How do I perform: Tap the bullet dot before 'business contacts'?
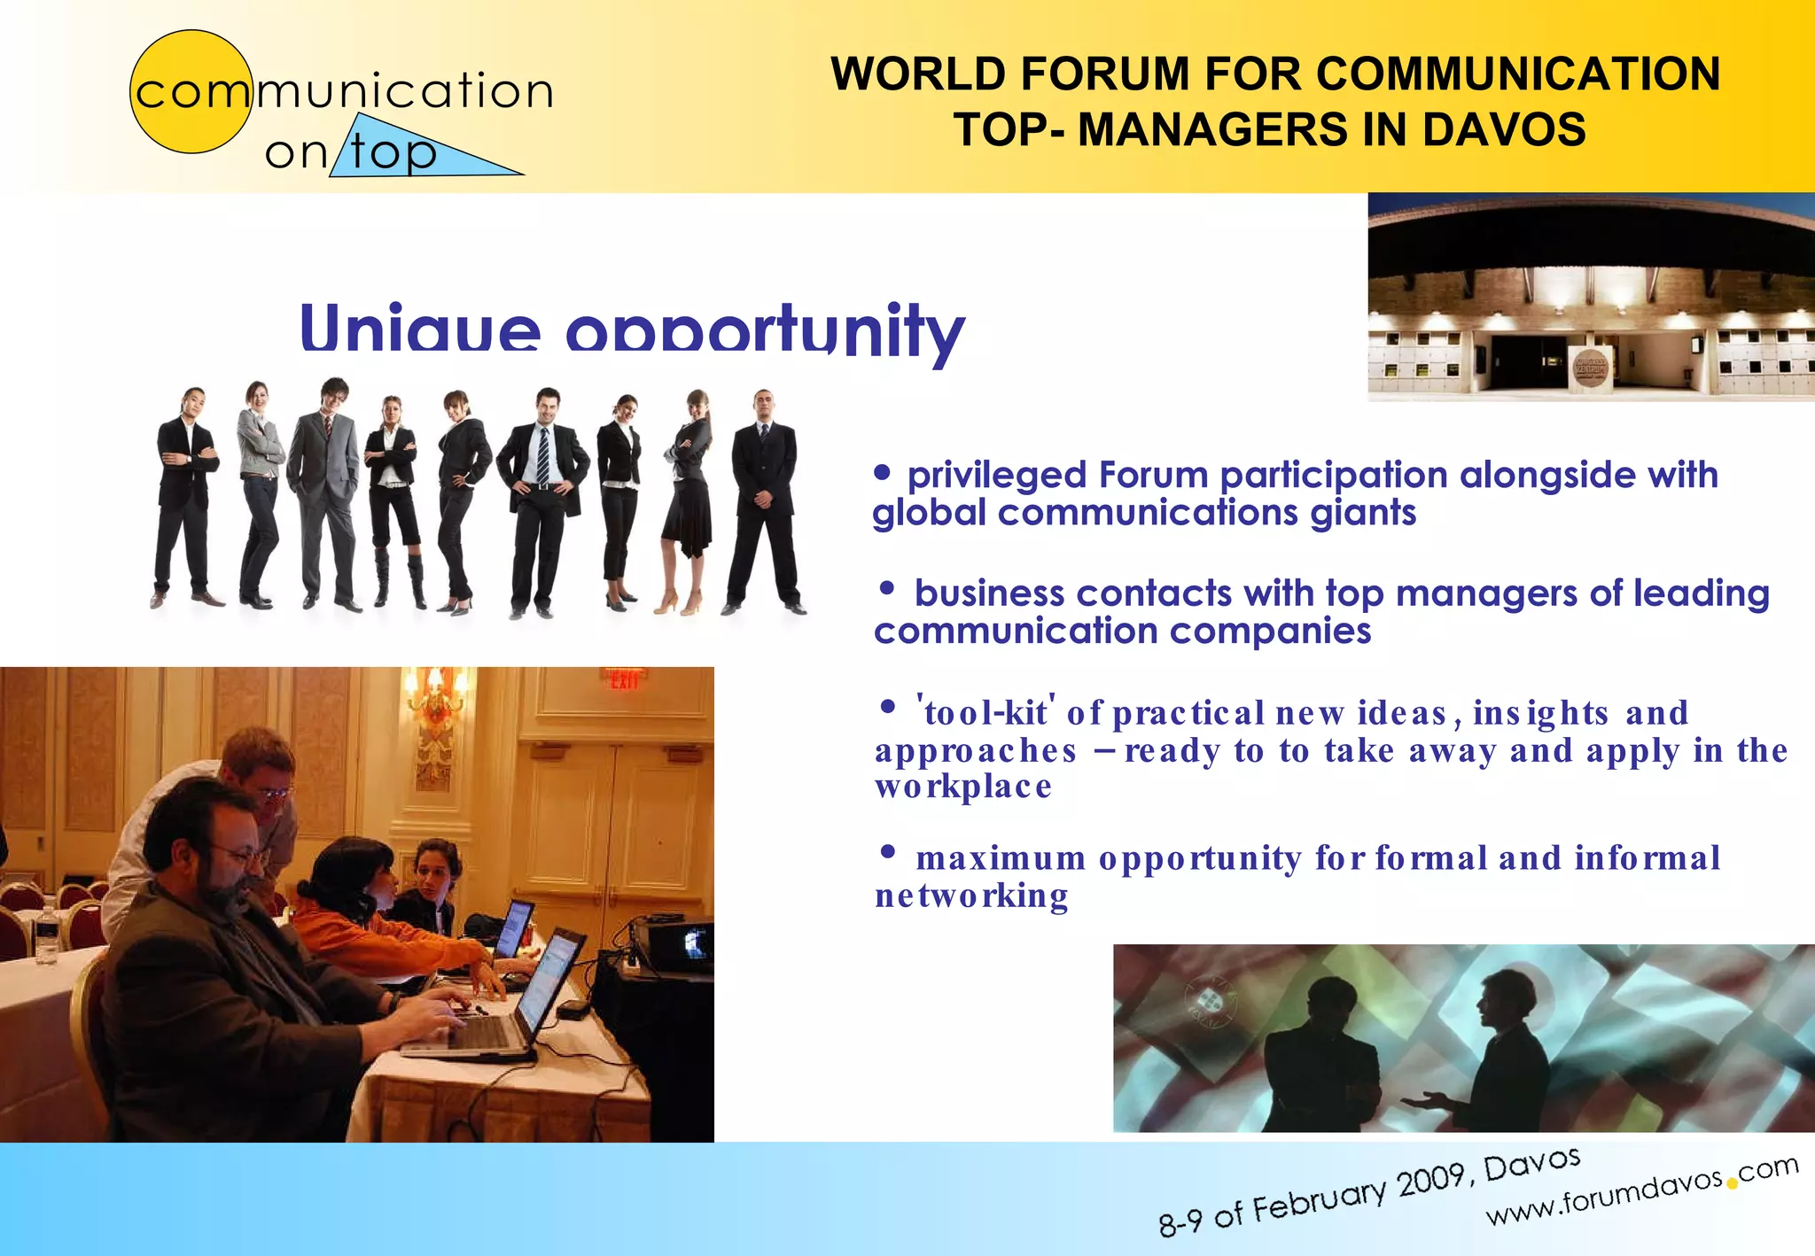coord(887,588)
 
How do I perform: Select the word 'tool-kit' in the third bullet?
coord(985,712)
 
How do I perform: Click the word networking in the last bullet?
coord(971,895)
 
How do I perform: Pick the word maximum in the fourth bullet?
coord(1001,858)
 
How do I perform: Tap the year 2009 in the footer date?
coord(1431,1182)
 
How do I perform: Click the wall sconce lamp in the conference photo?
coord(434,700)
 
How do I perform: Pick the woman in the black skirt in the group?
coord(688,496)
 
